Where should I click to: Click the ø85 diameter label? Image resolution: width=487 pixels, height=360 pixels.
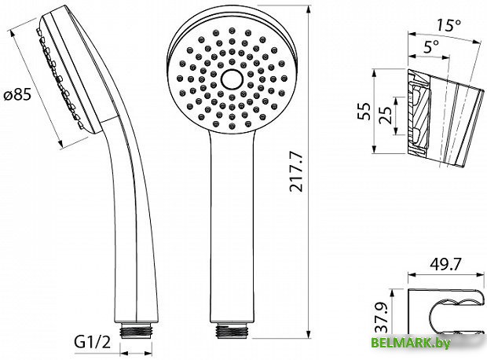tap(17, 94)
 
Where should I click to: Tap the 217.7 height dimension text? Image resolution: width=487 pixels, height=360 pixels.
tap(296, 171)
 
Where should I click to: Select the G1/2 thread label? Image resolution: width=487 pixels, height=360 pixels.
tap(92, 342)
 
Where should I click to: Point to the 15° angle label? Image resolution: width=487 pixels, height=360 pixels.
tap(449, 25)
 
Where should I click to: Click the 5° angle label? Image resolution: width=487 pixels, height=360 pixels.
tap(431, 47)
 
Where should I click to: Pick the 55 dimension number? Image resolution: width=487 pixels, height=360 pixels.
tap(364, 112)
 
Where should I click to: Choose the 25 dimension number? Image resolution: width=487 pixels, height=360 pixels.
tap(386, 116)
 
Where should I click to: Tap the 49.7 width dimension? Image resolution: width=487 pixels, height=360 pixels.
tap(445, 264)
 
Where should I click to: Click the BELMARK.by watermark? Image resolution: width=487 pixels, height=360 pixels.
tap(410, 343)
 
